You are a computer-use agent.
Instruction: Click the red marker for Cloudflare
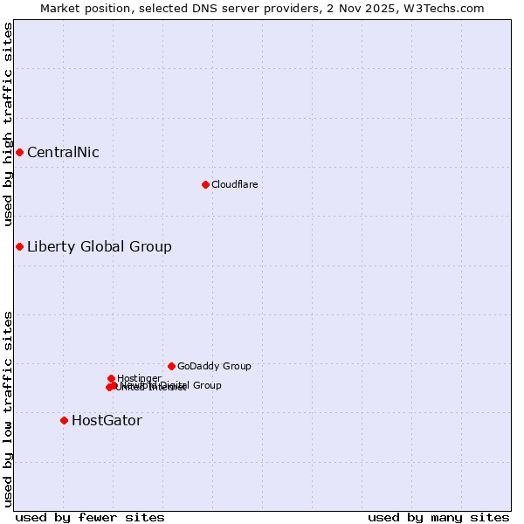point(205,184)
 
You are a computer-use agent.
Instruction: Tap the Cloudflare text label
point(235,184)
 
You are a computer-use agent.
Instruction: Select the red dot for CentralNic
point(19,153)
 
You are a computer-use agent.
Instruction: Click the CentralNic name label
point(63,153)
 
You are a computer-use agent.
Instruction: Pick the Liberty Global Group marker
point(19,246)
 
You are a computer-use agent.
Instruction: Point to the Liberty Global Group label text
point(100,246)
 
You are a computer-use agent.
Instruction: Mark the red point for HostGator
point(64,420)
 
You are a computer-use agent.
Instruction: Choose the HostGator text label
point(107,420)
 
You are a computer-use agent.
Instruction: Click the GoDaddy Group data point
point(171,366)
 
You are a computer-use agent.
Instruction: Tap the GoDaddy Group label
point(214,366)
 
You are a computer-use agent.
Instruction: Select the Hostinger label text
point(139,378)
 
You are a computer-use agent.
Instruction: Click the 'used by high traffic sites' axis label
point(9,124)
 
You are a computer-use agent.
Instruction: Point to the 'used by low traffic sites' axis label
point(9,408)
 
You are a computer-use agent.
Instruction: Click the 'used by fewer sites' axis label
point(90,518)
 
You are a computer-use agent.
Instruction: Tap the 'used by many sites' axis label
point(438,518)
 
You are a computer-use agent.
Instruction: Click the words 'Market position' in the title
point(80,8)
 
